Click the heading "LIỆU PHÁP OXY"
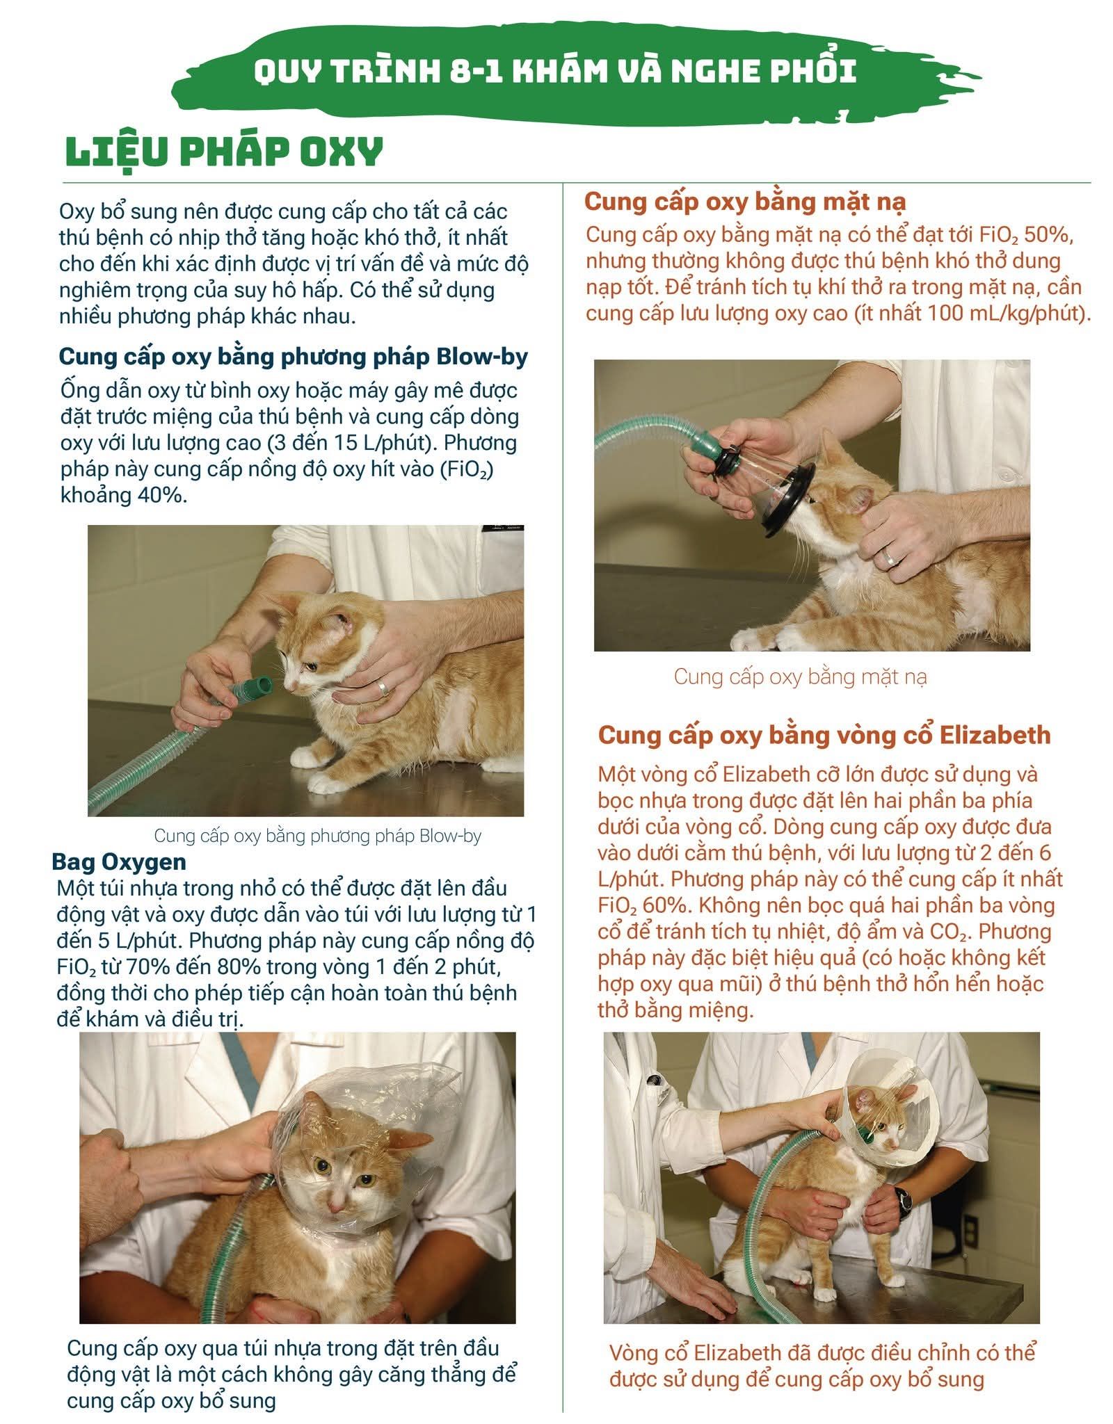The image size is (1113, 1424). tap(224, 152)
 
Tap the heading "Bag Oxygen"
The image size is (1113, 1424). tap(119, 862)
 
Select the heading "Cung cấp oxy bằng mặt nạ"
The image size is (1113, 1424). tap(745, 202)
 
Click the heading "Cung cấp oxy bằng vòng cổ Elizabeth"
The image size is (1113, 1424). tap(824, 736)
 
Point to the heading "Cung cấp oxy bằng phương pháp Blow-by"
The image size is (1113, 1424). tap(294, 357)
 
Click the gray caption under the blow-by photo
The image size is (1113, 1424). tap(318, 835)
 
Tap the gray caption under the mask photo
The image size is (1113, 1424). tap(800, 677)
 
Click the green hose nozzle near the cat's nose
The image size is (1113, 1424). tap(253, 689)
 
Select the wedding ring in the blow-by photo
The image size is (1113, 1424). tap(382, 688)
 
